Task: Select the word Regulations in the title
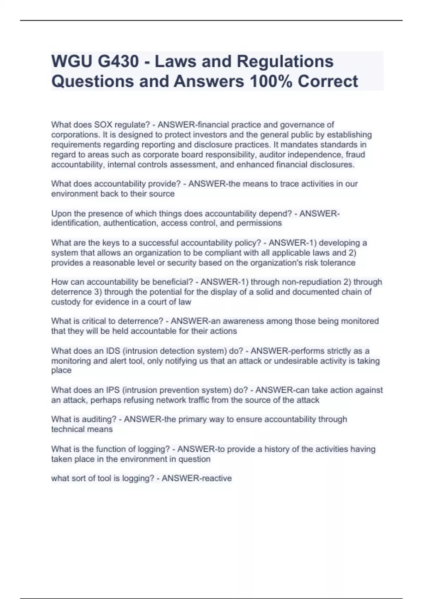point(285,61)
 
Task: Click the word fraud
point(355,155)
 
